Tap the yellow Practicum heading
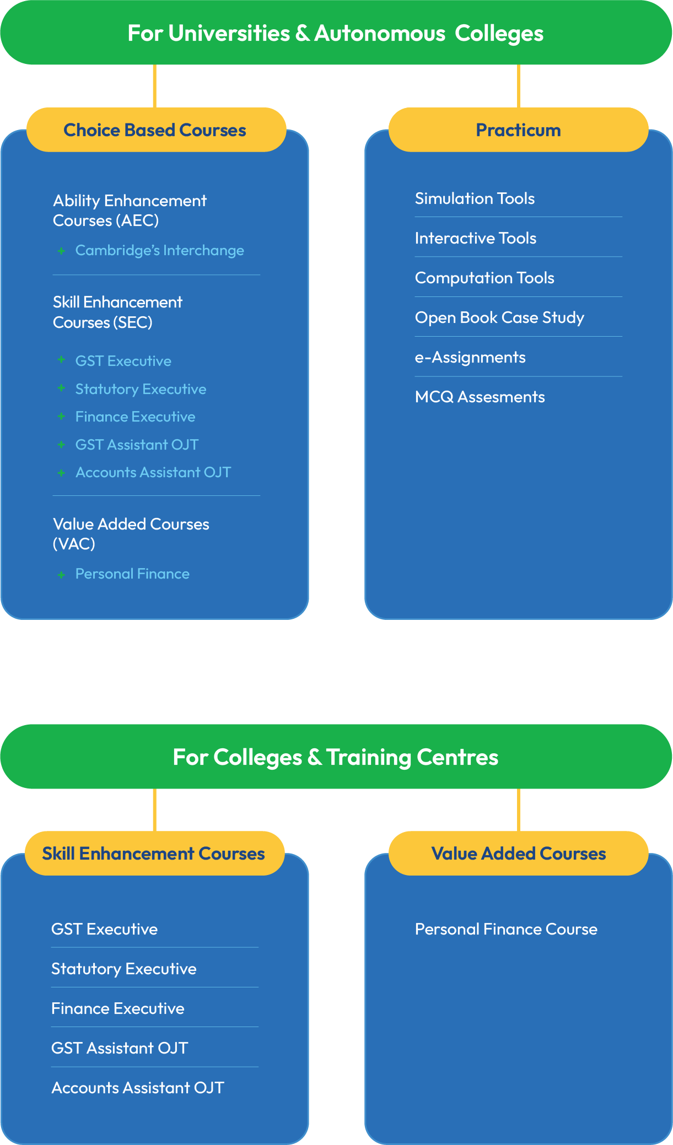(518, 129)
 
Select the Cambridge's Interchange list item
(160, 250)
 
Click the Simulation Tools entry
(475, 198)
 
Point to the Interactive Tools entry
(476, 238)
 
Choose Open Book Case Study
(499, 317)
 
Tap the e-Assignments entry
(470, 357)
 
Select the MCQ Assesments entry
(480, 397)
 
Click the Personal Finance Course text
(506, 929)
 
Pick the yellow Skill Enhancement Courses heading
(154, 853)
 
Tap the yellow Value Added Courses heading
(518, 853)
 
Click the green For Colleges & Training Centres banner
(336, 757)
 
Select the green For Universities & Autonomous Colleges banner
(336, 33)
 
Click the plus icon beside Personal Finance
(61, 575)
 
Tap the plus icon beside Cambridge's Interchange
(61, 251)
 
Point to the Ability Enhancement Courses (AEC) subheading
(130, 210)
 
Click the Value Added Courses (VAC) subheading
(131, 534)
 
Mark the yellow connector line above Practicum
(518, 87)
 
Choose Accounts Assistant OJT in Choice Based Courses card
(153, 472)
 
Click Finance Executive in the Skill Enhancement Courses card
(118, 1008)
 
